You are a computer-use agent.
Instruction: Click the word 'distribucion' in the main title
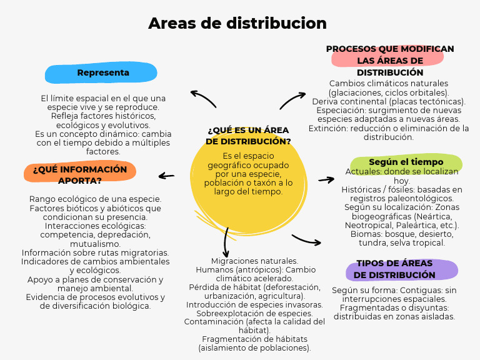(276, 23)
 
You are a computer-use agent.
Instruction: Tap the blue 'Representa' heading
(103, 72)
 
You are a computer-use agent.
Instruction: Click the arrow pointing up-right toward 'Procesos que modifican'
(292, 100)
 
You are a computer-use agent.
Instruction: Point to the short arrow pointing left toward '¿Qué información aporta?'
(166, 176)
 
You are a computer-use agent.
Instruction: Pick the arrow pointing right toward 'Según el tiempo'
(326, 180)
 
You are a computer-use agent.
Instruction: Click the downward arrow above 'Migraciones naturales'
(226, 242)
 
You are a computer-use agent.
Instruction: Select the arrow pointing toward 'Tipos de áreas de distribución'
(306, 240)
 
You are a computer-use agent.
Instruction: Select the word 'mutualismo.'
(95, 244)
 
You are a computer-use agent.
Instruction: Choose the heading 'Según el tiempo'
(406, 162)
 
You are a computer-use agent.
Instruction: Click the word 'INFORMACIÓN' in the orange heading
(93, 169)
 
